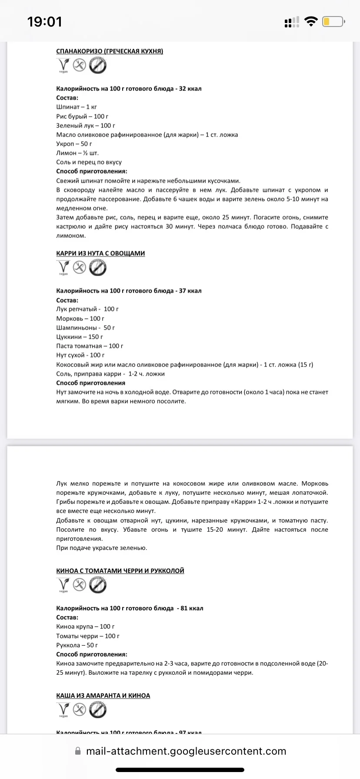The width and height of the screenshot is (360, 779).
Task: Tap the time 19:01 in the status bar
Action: tap(44, 21)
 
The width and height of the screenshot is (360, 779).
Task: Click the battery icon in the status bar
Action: tap(333, 21)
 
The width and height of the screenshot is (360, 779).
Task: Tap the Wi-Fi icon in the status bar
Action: tap(311, 21)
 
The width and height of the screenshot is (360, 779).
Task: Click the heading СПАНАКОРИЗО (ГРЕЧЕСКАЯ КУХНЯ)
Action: tap(110, 51)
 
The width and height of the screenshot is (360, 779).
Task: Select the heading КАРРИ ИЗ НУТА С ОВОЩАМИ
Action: tap(100, 253)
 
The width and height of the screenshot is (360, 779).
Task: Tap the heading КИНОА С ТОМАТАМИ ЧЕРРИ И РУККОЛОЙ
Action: tap(120, 571)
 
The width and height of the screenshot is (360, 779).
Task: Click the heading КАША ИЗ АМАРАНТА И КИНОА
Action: tap(103, 696)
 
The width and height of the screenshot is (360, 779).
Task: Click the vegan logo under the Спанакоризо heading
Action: tap(63, 66)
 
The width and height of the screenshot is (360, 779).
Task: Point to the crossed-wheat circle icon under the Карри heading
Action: tap(98, 268)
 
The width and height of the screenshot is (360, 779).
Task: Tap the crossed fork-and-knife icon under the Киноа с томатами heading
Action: tap(79, 585)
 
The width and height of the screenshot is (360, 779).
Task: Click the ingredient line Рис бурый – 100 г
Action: tap(82, 117)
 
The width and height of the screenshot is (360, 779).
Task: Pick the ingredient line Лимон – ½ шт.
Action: tap(77, 153)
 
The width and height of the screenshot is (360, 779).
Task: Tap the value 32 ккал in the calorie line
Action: tap(190, 89)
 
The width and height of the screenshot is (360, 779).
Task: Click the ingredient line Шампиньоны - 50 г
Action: tap(86, 328)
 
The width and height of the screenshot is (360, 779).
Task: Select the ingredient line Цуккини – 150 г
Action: tap(80, 337)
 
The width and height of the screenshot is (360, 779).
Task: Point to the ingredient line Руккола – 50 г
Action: tap(77, 645)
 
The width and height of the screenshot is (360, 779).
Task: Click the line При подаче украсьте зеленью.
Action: tap(102, 548)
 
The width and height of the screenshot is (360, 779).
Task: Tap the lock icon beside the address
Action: tap(78, 751)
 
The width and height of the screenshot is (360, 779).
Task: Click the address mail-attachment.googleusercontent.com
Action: tap(186, 751)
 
